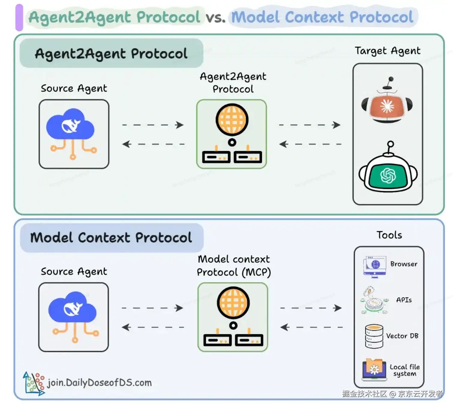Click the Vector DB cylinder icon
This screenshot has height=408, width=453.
(374, 336)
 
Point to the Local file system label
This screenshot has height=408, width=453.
(404, 370)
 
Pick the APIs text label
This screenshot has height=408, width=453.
(404, 300)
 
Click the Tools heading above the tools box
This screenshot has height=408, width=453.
(389, 235)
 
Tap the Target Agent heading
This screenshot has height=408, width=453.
(387, 51)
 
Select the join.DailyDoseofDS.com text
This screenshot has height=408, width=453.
(99, 383)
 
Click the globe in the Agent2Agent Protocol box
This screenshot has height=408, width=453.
(232, 119)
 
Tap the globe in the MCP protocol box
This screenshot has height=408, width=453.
(233, 302)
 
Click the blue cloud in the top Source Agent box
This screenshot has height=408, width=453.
(71, 124)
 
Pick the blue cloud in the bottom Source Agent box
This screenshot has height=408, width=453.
(72, 307)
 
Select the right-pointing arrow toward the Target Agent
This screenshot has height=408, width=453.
(310, 125)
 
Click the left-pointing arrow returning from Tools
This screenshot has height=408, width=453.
(311, 327)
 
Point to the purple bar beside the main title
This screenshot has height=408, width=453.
(19, 17)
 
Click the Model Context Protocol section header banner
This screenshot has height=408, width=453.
(111, 238)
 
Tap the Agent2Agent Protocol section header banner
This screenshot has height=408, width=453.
(111, 53)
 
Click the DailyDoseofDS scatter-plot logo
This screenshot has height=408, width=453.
(34, 383)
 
